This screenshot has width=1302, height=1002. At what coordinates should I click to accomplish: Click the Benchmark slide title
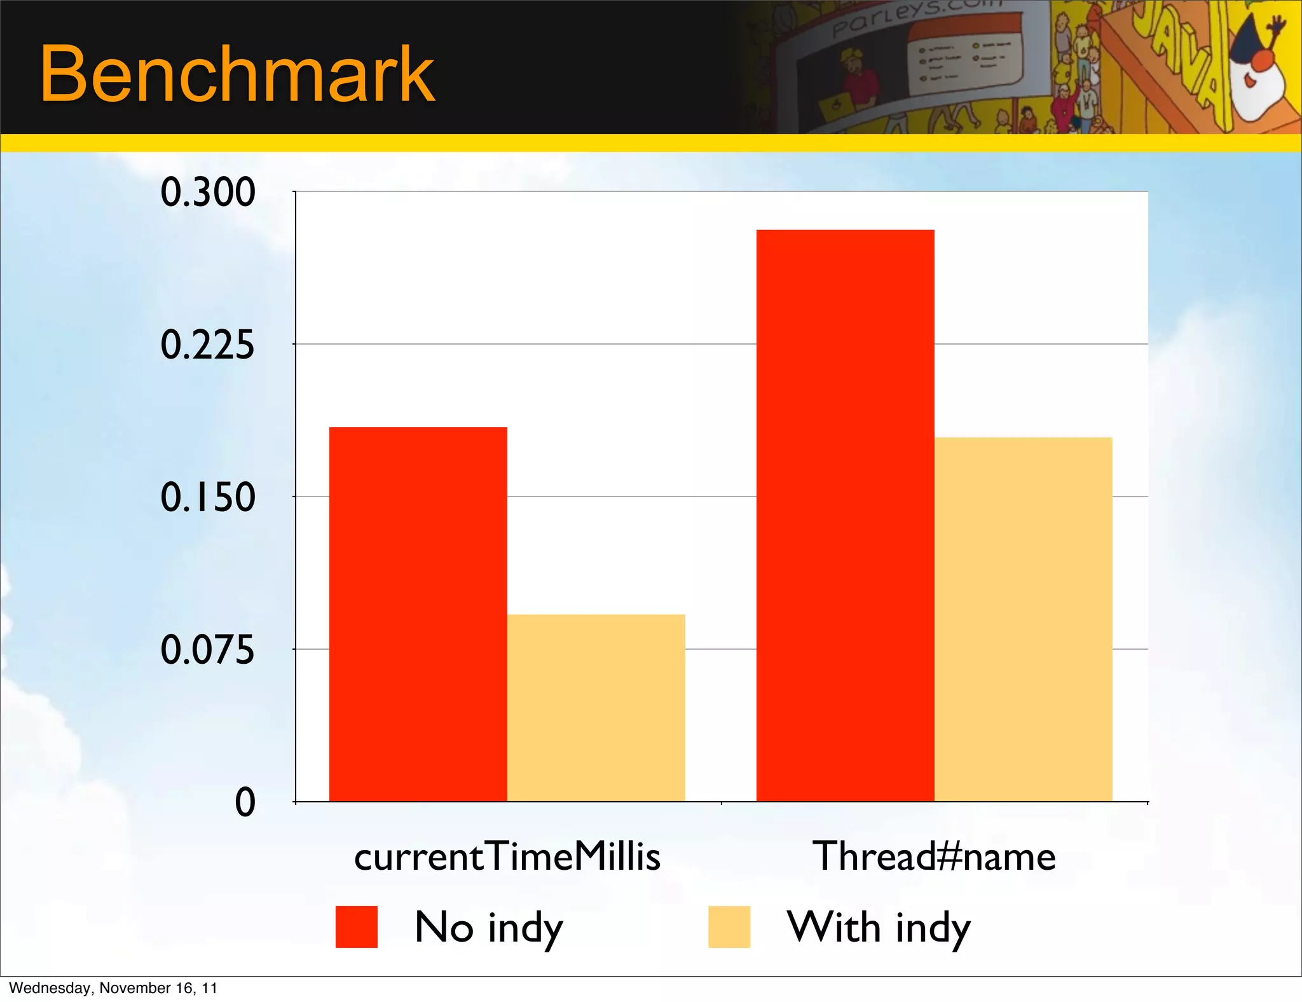click(237, 74)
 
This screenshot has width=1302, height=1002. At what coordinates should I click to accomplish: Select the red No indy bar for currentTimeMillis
click(418, 614)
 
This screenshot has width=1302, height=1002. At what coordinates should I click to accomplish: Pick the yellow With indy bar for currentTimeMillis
click(596, 707)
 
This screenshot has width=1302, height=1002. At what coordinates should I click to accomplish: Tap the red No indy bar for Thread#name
click(845, 515)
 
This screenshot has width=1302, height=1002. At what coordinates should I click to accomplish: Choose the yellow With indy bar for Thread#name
click(1023, 619)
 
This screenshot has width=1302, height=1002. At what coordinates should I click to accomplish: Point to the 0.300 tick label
click(207, 192)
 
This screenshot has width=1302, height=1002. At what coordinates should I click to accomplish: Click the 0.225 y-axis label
click(207, 345)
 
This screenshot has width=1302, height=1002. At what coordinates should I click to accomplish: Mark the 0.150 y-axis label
click(207, 497)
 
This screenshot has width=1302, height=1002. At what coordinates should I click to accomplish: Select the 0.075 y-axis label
click(207, 650)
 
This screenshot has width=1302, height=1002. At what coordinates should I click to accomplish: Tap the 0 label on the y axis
click(245, 802)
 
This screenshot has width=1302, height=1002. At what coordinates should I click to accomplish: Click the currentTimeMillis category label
click(507, 856)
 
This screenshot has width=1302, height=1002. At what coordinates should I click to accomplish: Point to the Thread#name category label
click(934, 856)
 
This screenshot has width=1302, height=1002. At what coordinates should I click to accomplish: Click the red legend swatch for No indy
click(356, 927)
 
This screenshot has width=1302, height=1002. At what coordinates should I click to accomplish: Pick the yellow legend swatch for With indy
click(729, 927)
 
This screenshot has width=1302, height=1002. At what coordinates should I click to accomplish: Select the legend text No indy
click(488, 928)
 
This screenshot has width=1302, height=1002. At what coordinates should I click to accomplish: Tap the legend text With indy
click(879, 928)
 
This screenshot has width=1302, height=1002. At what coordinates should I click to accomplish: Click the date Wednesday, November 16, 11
click(113, 988)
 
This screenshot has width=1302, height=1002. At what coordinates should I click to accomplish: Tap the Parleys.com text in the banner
click(915, 16)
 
